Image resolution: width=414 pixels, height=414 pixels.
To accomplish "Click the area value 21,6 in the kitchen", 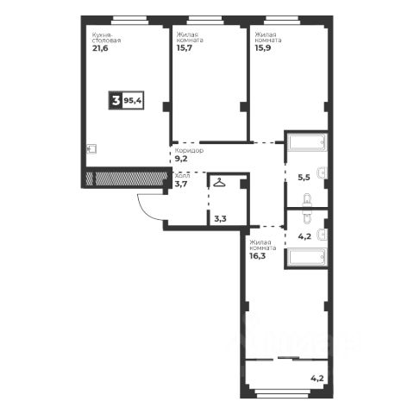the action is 100,48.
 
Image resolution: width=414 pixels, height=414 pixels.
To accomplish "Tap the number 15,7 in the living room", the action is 185,47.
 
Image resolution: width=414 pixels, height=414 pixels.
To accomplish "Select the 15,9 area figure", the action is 263,47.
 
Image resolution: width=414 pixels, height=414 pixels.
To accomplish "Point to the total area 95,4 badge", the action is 133,101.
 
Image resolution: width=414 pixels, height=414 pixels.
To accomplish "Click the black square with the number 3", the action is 116,101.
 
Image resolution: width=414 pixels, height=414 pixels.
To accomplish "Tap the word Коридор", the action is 189,150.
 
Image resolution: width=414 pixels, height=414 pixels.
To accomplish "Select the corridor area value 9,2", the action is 181,159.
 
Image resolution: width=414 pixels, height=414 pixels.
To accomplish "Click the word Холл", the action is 182,176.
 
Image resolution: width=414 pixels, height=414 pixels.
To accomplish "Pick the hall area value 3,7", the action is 181,184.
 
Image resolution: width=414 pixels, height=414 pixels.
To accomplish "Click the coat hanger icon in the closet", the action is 219,183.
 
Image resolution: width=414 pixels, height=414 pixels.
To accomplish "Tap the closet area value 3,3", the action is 220,219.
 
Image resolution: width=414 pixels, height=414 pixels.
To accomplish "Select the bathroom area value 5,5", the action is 304,178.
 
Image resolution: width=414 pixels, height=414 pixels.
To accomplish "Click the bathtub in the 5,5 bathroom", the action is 307,141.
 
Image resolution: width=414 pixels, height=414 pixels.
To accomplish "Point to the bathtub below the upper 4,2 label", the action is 307,257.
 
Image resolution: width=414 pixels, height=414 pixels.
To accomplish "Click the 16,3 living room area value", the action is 257,256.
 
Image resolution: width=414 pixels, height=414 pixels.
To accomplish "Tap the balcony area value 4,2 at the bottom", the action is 317,378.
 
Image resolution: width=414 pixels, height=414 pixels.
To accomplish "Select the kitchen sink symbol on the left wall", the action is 91,149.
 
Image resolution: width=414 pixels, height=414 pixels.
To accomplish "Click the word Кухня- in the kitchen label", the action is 101,34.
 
